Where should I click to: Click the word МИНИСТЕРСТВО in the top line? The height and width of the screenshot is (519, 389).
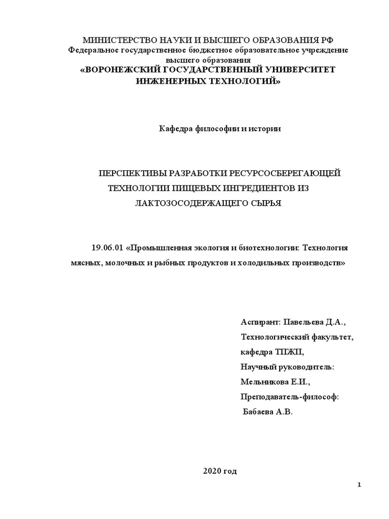pyautogui.click(x=114, y=41)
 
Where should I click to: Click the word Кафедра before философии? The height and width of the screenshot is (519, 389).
pyautogui.click(x=176, y=129)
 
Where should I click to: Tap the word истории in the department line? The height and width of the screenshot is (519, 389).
pyautogui.click(x=264, y=129)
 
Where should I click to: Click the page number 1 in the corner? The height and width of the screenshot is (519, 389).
pyautogui.click(x=359, y=486)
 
